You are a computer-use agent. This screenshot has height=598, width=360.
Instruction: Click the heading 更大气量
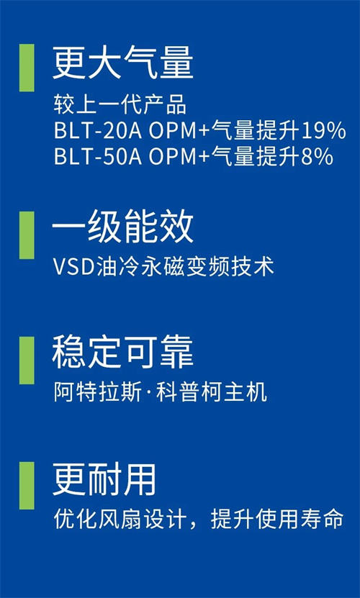(x=122, y=63)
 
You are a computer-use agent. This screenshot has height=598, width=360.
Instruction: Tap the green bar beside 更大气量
(x=27, y=68)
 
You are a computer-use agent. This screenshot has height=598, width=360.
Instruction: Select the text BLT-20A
(x=98, y=132)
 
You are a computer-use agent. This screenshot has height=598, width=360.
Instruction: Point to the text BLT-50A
(x=98, y=157)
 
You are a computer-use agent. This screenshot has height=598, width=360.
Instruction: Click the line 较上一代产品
(x=120, y=106)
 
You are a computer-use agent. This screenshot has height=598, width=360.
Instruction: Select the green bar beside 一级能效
(x=27, y=235)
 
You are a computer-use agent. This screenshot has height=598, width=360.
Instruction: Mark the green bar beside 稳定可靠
(x=27, y=361)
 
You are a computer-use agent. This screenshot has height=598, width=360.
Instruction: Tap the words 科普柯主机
(x=212, y=392)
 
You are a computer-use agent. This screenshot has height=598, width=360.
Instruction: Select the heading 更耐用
(x=104, y=480)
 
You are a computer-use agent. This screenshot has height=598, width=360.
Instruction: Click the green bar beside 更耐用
(x=27, y=486)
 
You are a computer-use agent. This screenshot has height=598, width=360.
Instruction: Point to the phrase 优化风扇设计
(x=120, y=520)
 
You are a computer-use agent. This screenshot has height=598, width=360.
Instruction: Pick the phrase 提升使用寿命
(x=277, y=520)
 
